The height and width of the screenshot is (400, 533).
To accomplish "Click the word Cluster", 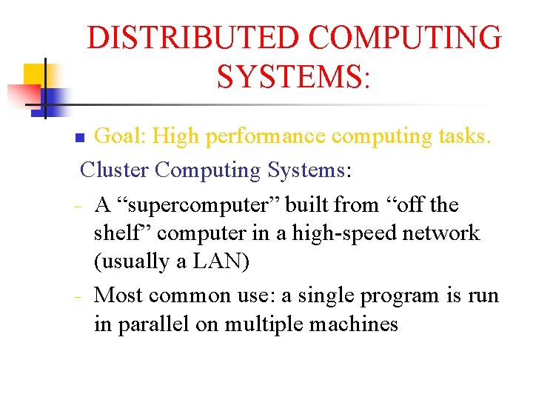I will click(x=114, y=170).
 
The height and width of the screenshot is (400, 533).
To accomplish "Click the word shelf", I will click(x=122, y=233).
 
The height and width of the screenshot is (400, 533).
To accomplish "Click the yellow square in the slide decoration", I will click(x=34, y=75).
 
